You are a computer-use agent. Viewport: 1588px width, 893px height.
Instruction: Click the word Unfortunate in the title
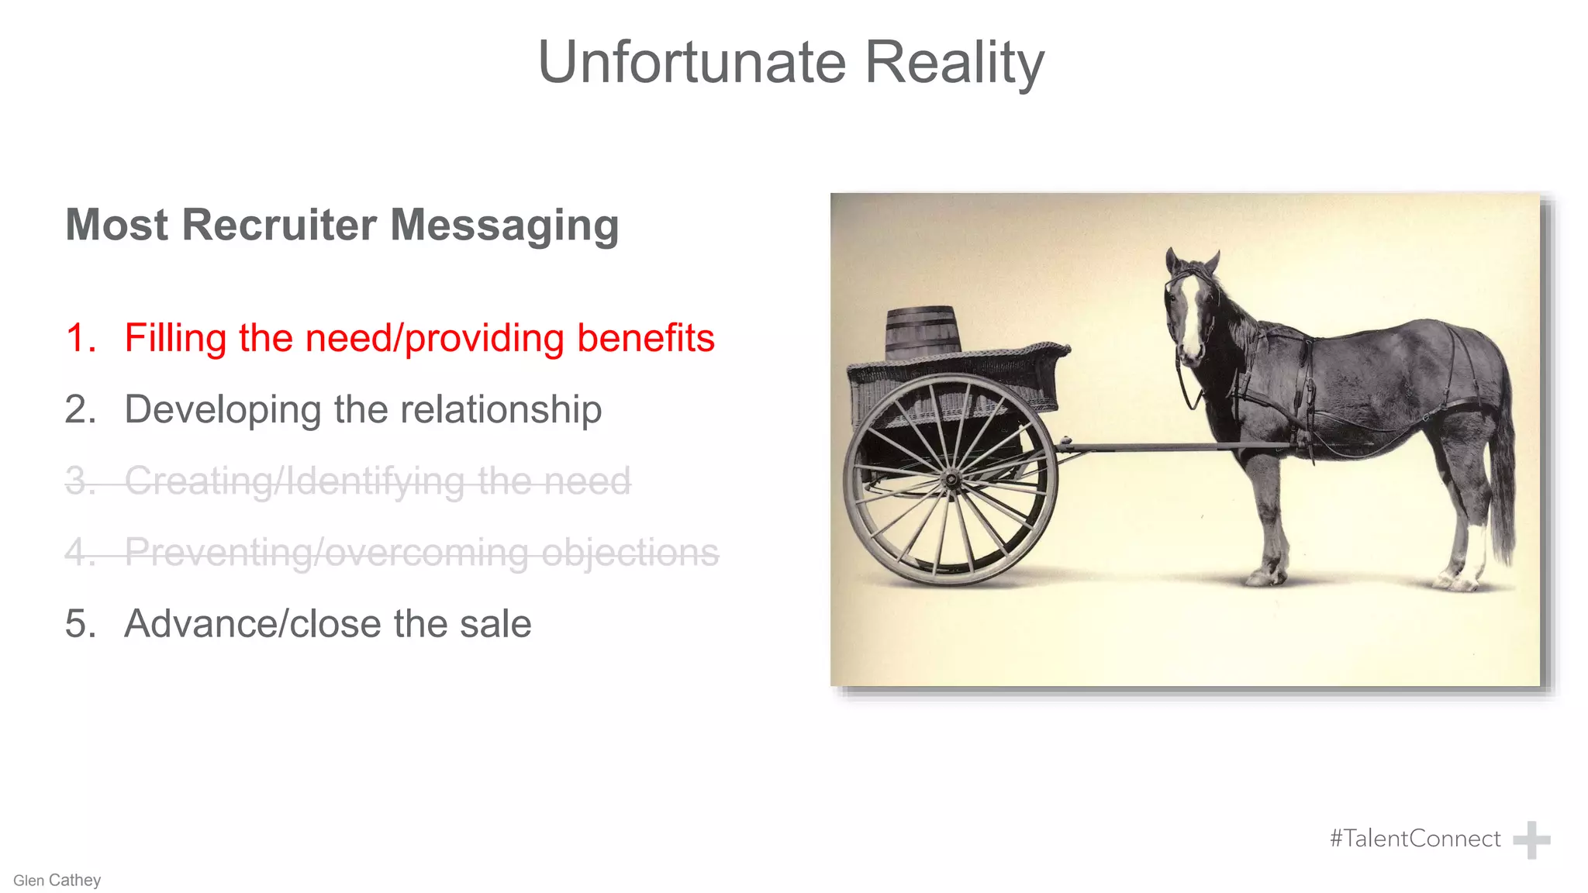point(692,62)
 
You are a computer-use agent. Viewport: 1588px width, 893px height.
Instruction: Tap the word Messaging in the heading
point(504,226)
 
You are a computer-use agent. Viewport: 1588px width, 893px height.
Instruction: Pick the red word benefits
point(645,339)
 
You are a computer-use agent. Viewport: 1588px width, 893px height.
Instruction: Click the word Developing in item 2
point(223,410)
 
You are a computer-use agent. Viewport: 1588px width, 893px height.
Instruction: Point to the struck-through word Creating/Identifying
point(294,481)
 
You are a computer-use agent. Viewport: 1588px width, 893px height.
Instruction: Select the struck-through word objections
point(630,553)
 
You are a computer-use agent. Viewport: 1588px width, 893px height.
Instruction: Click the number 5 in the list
point(79,624)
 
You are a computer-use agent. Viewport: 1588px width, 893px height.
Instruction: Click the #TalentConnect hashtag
point(1415,839)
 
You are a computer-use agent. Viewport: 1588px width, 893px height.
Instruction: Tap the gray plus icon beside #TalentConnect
point(1531,840)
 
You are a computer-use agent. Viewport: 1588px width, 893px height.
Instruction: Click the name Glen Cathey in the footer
point(57,881)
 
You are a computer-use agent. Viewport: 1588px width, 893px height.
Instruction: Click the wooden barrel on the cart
point(922,331)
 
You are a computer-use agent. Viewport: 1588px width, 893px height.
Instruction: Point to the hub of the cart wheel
point(951,481)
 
